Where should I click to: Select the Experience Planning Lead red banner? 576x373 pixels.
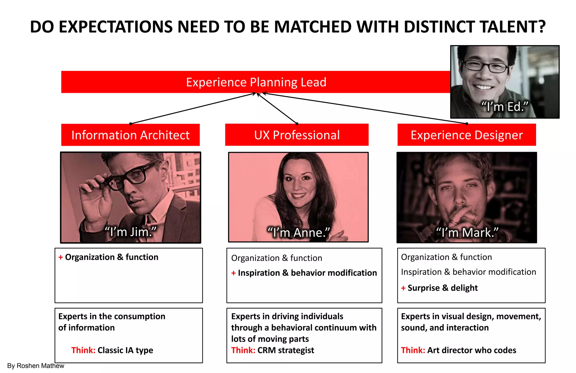point(256,82)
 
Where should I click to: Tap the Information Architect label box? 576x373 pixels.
point(130,135)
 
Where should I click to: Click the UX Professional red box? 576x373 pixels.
point(297,135)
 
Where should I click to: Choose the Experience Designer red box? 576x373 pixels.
point(467,135)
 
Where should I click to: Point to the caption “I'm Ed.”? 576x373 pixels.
point(505,107)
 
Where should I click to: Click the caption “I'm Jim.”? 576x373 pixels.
point(130,232)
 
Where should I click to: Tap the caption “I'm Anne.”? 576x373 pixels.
point(298,233)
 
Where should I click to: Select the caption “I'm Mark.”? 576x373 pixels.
point(467,233)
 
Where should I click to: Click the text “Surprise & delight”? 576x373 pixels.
point(442,288)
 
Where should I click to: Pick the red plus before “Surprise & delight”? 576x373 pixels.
point(403,288)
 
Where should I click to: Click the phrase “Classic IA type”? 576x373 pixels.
point(125,350)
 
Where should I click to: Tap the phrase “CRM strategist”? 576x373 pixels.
point(285,350)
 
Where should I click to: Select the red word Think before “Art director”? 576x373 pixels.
point(413,350)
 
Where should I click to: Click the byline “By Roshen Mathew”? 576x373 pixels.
point(36,366)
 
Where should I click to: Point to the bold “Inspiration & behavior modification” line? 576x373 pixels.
point(307,273)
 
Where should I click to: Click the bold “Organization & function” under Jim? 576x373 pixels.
point(112,257)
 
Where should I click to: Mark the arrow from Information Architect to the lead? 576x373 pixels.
point(193,108)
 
